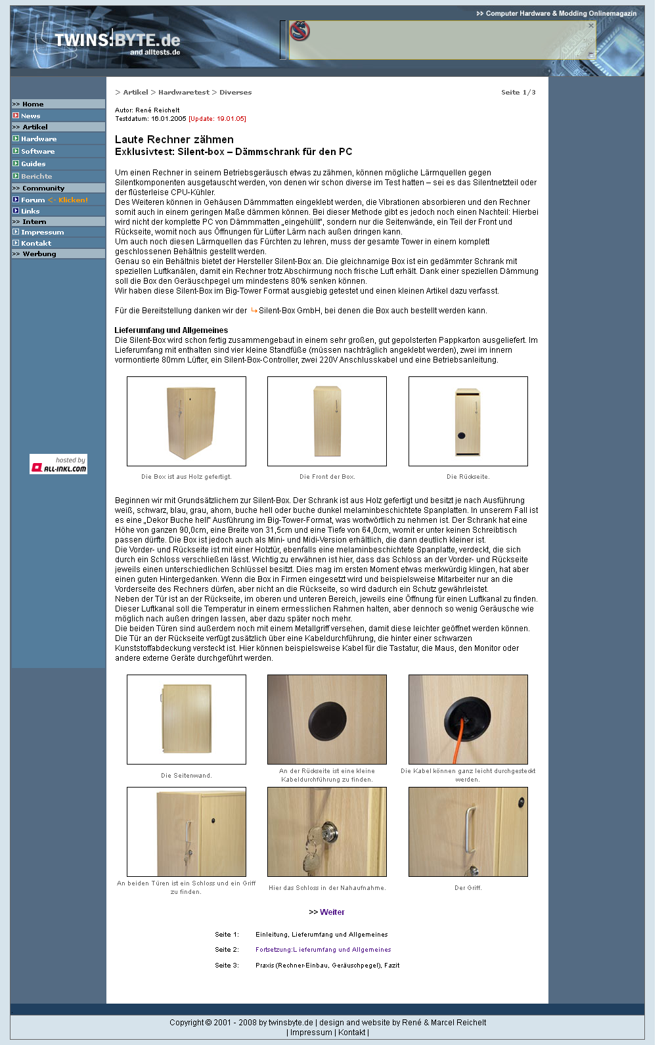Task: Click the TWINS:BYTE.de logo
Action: pos(117,42)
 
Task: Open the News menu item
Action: pos(31,116)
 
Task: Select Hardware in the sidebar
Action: pos(39,139)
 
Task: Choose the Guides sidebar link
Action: pos(33,164)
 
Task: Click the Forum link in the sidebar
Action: pos(33,200)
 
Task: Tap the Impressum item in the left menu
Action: pos(42,233)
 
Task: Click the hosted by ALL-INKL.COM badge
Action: pos(58,464)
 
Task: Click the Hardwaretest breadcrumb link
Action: pos(184,93)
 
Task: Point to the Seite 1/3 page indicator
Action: pos(518,93)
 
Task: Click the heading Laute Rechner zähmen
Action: pos(174,139)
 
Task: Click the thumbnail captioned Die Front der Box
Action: pos(327,421)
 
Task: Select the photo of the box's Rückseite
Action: pos(468,421)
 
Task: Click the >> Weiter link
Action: pos(327,912)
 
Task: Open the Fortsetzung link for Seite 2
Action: pos(323,950)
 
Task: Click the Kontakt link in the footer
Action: pos(351,1033)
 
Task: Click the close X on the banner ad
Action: pos(590,26)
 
